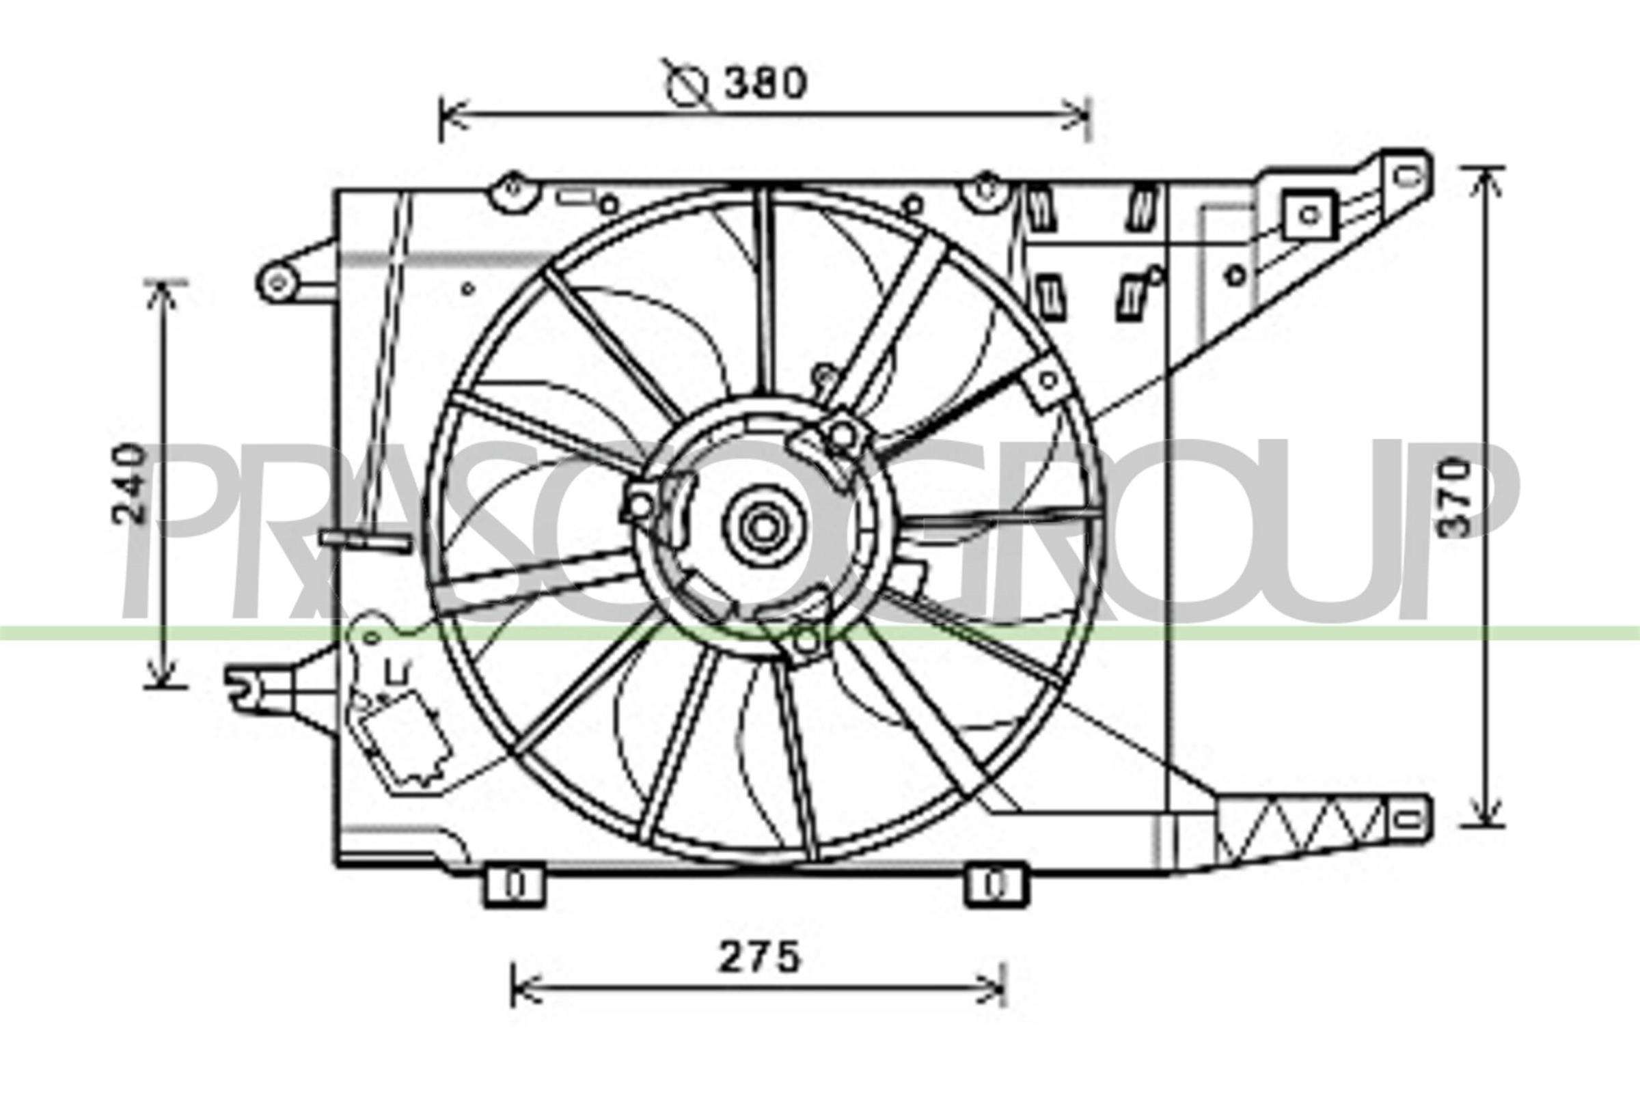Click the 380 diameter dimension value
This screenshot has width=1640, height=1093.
[x=764, y=83]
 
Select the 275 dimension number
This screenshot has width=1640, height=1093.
[x=759, y=959]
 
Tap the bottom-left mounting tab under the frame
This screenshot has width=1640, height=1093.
[x=514, y=885]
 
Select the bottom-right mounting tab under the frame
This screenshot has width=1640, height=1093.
[x=995, y=885]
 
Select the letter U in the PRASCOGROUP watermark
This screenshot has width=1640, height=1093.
[x=1356, y=530]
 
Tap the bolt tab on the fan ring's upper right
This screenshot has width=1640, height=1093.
[x=1048, y=380]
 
